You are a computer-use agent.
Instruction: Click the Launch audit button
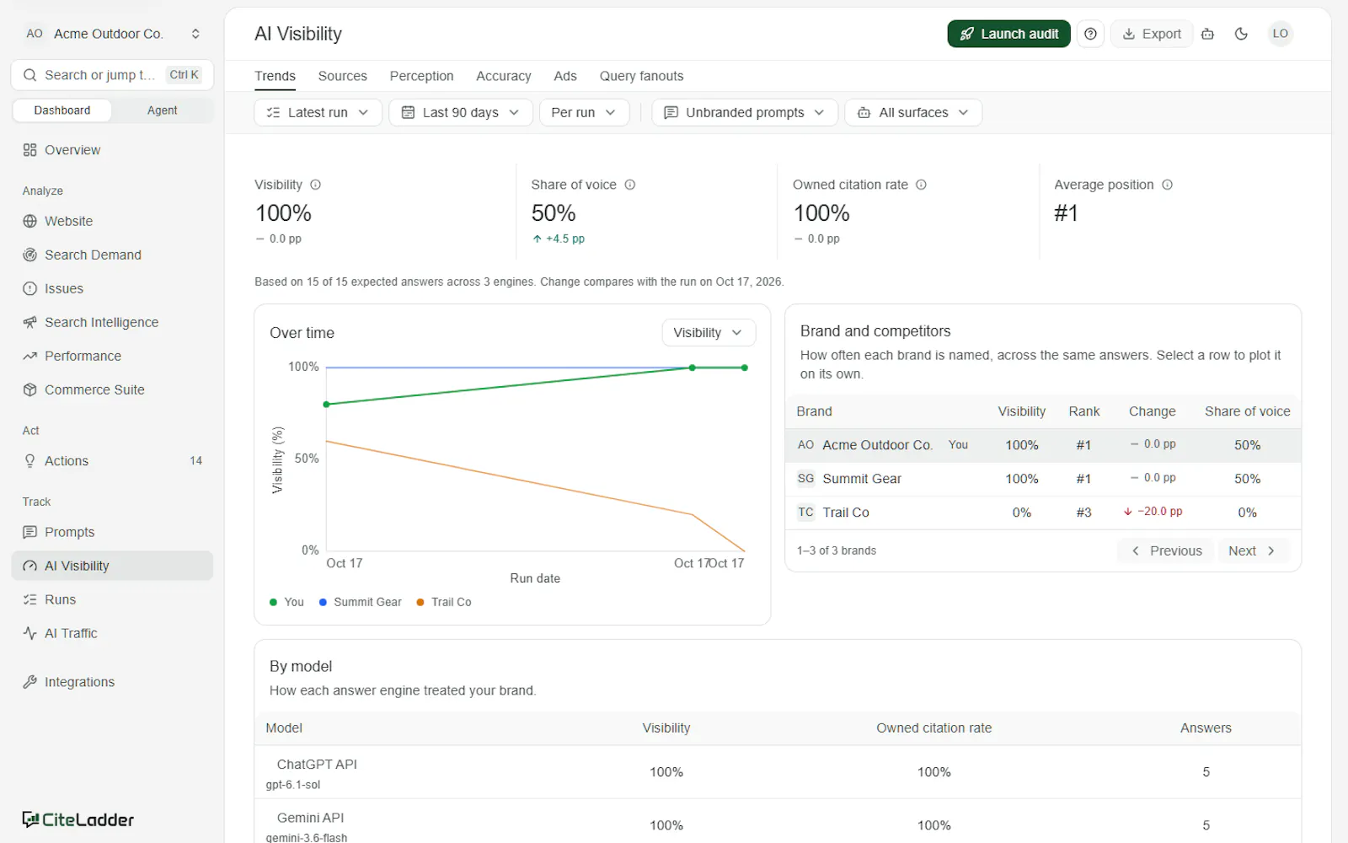tap(1008, 34)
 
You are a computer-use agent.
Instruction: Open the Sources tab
tap(342, 76)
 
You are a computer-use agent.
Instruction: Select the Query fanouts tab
tap(641, 76)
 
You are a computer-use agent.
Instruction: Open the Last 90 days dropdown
tap(460, 113)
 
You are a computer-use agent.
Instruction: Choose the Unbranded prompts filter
tap(745, 113)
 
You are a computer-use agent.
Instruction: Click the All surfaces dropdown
tap(913, 113)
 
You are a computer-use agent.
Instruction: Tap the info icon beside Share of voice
tap(630, 185)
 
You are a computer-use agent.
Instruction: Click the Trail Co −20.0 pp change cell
tap(1153, 512)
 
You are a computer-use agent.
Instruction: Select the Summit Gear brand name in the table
tap(862, 479)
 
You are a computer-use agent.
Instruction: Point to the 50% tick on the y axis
tap(307, 459)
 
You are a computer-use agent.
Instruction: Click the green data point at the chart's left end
tap(327, 405)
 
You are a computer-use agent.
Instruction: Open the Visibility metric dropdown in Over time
tap(709, 333)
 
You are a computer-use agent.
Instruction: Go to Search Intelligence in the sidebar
tap(102, 322)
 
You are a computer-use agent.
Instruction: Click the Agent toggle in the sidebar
tap(162, 110)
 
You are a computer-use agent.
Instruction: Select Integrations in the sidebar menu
tap(79, 682)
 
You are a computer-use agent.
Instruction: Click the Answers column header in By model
tap(1206, 728)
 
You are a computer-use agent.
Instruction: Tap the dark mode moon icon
tap(1241, 34)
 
